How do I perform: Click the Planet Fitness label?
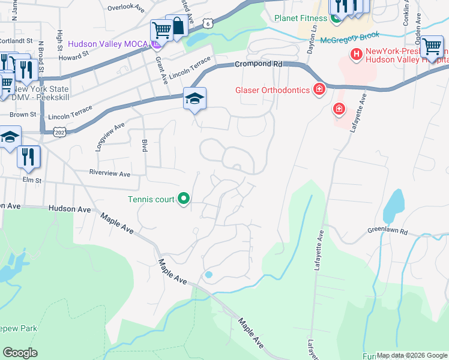tap(300, 18)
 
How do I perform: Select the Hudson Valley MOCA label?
tap(109, 44)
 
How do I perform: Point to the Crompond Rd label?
tap(258, 64)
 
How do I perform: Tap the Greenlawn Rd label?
tap(387, 231)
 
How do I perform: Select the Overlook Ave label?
tap(127, 8)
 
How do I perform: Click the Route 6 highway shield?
tap(207, 23)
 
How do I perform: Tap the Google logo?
tap(20, 353)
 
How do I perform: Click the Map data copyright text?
tap(411, 355)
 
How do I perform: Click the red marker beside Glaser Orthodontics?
tap(318, 91)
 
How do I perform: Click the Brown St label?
tap(23, 113)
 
